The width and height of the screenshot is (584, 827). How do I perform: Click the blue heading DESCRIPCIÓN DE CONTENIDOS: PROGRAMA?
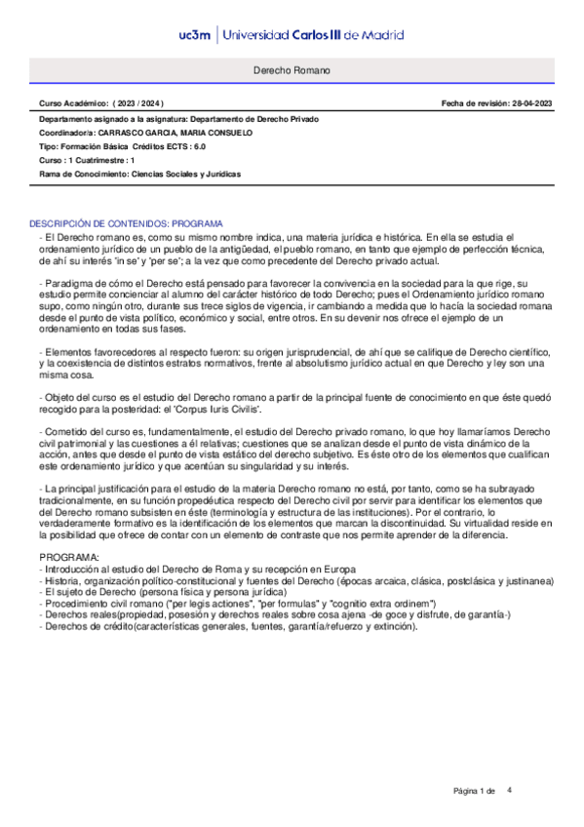click(x=127, y=223)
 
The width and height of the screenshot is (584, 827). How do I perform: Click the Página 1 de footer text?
click(x=476, y=790)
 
